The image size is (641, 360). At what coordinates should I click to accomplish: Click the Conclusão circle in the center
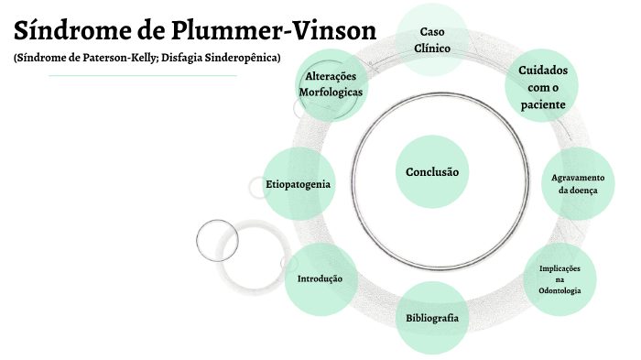coord(431,172)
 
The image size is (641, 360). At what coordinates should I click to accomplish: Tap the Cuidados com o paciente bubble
coord(542,87)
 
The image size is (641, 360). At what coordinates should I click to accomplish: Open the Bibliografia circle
coord(431,319)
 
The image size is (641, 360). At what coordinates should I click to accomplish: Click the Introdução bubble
coord(320,278)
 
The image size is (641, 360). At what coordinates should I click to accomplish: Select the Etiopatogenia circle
coord(298,184)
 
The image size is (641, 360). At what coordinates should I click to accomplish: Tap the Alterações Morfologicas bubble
coord(331,84)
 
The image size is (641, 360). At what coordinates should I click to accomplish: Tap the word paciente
coord(542,104)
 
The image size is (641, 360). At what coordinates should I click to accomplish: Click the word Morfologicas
coord(331,93)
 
